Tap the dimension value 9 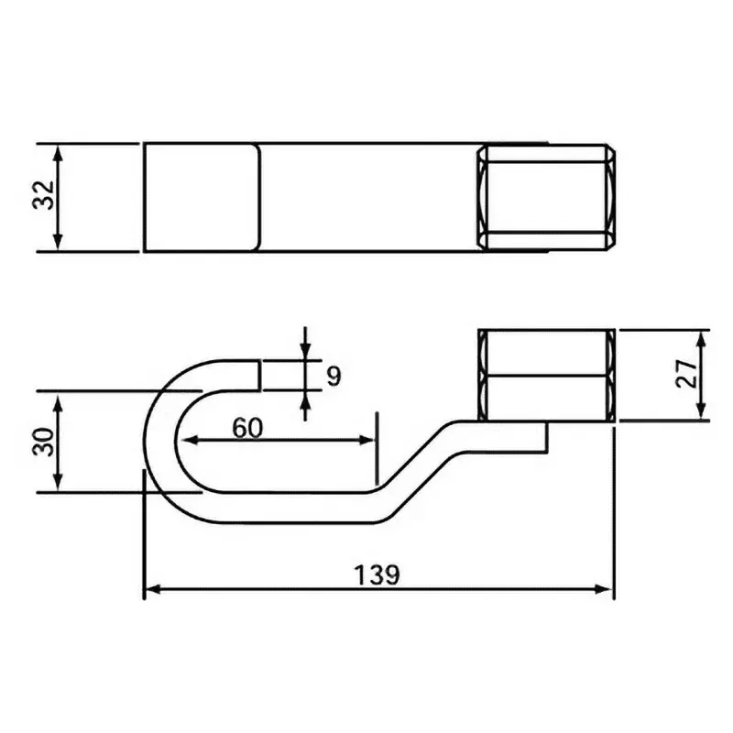(x=333, y=375)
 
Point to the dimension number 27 (x=687, y=374)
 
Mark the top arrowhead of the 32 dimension (x=58, y=151)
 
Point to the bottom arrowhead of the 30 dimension (x=58, y=485)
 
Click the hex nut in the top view (x=546, y=197)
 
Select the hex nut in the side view (x=546, y=375)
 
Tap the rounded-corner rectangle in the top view (x=202, y=197)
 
